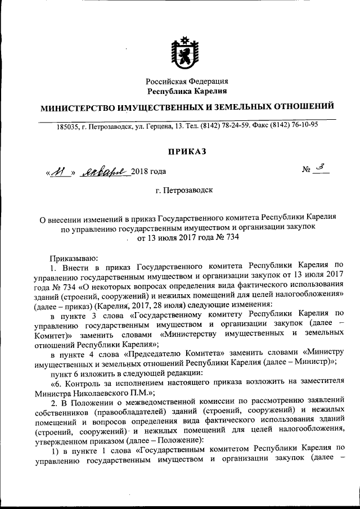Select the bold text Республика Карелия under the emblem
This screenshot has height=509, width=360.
187,91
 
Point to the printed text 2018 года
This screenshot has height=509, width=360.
148,172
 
